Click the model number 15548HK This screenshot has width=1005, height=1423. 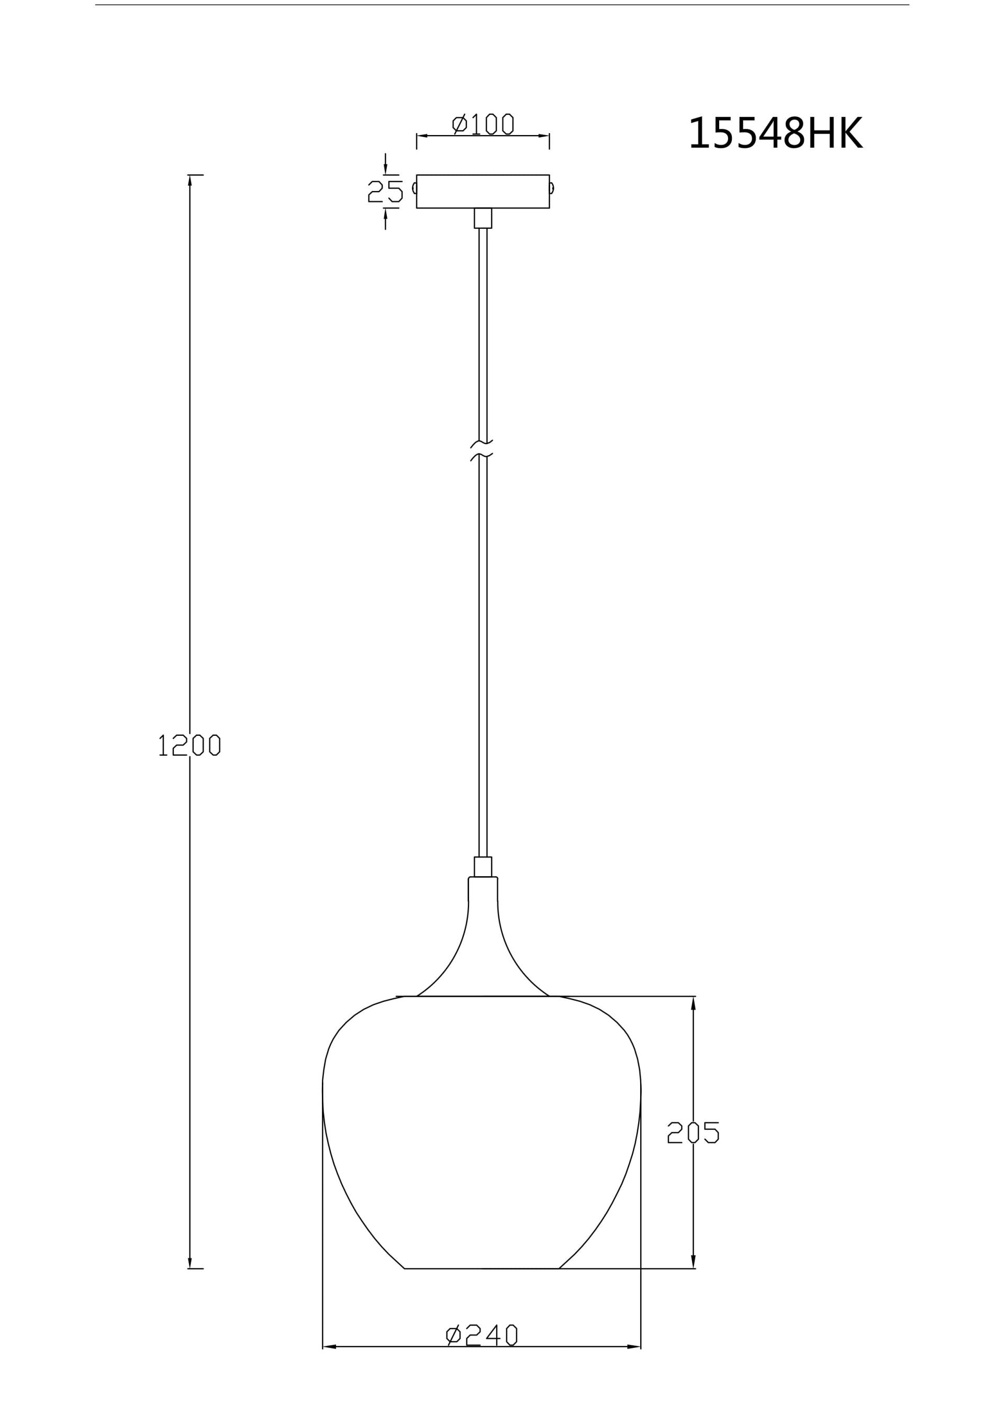click(x=775, y=133)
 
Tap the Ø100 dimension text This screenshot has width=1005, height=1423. click(x=483, y=124)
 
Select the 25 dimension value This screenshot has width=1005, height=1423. click(x=385, y=192)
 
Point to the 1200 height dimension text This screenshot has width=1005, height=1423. click(x=189, y=744)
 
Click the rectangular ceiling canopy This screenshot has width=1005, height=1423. click(x=483, y=192)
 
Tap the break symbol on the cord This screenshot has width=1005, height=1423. click(x=482, y=450)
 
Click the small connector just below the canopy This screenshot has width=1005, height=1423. click(x=483, y=218)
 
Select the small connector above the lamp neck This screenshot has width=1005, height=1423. click(x=483, y=866)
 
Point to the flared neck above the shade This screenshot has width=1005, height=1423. click(x=483, y=942)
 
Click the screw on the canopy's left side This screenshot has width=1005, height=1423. click(x=414, y=188)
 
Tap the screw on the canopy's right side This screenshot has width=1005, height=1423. click(x=552, y=188)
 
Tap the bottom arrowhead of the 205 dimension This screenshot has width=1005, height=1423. click(x=693, y=1262)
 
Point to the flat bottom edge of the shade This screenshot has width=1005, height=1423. click(x=482, y=1268)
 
